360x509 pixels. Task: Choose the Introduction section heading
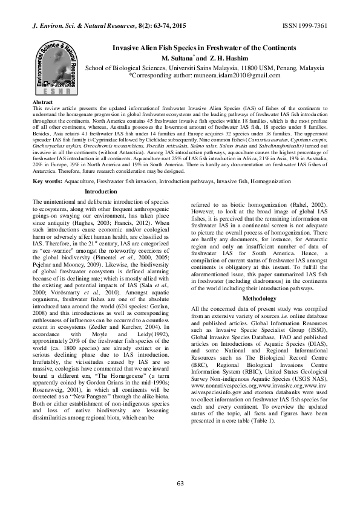tap(101, 192)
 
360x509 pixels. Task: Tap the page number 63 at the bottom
tap(180, 482)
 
